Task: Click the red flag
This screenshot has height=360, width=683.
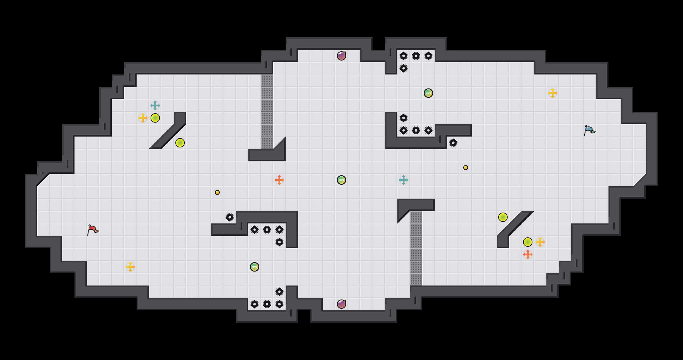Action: (93, 230)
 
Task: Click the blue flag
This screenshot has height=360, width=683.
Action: (589, 130)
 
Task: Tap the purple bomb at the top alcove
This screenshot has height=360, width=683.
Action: (341, 56)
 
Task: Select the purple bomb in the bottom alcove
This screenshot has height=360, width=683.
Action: (341, 304)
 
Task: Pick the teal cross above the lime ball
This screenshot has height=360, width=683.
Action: (155, 106)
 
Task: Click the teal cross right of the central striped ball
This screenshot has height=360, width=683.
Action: (404, 180)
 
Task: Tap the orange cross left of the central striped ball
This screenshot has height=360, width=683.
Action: (279, 180)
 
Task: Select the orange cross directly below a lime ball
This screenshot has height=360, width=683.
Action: (528, 254)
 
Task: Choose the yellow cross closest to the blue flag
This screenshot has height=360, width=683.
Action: (553, 93)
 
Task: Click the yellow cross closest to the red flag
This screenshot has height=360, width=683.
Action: (130, 267)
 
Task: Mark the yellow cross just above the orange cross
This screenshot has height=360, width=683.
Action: (540, 242)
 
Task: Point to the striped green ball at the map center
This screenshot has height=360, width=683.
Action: (341, 180)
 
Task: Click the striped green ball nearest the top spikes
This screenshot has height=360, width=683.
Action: (428, 93)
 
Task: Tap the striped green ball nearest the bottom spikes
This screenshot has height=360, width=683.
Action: (255, 267)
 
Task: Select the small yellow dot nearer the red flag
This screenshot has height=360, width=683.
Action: (217, 192)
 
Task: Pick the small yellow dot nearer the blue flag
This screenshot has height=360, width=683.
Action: (466, 168)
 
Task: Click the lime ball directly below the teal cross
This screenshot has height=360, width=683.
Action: (155, 118)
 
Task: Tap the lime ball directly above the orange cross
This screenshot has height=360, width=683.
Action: (528, 242)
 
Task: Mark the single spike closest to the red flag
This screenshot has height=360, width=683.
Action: (230, 217)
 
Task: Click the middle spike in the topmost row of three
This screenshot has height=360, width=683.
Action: (416, 56)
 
